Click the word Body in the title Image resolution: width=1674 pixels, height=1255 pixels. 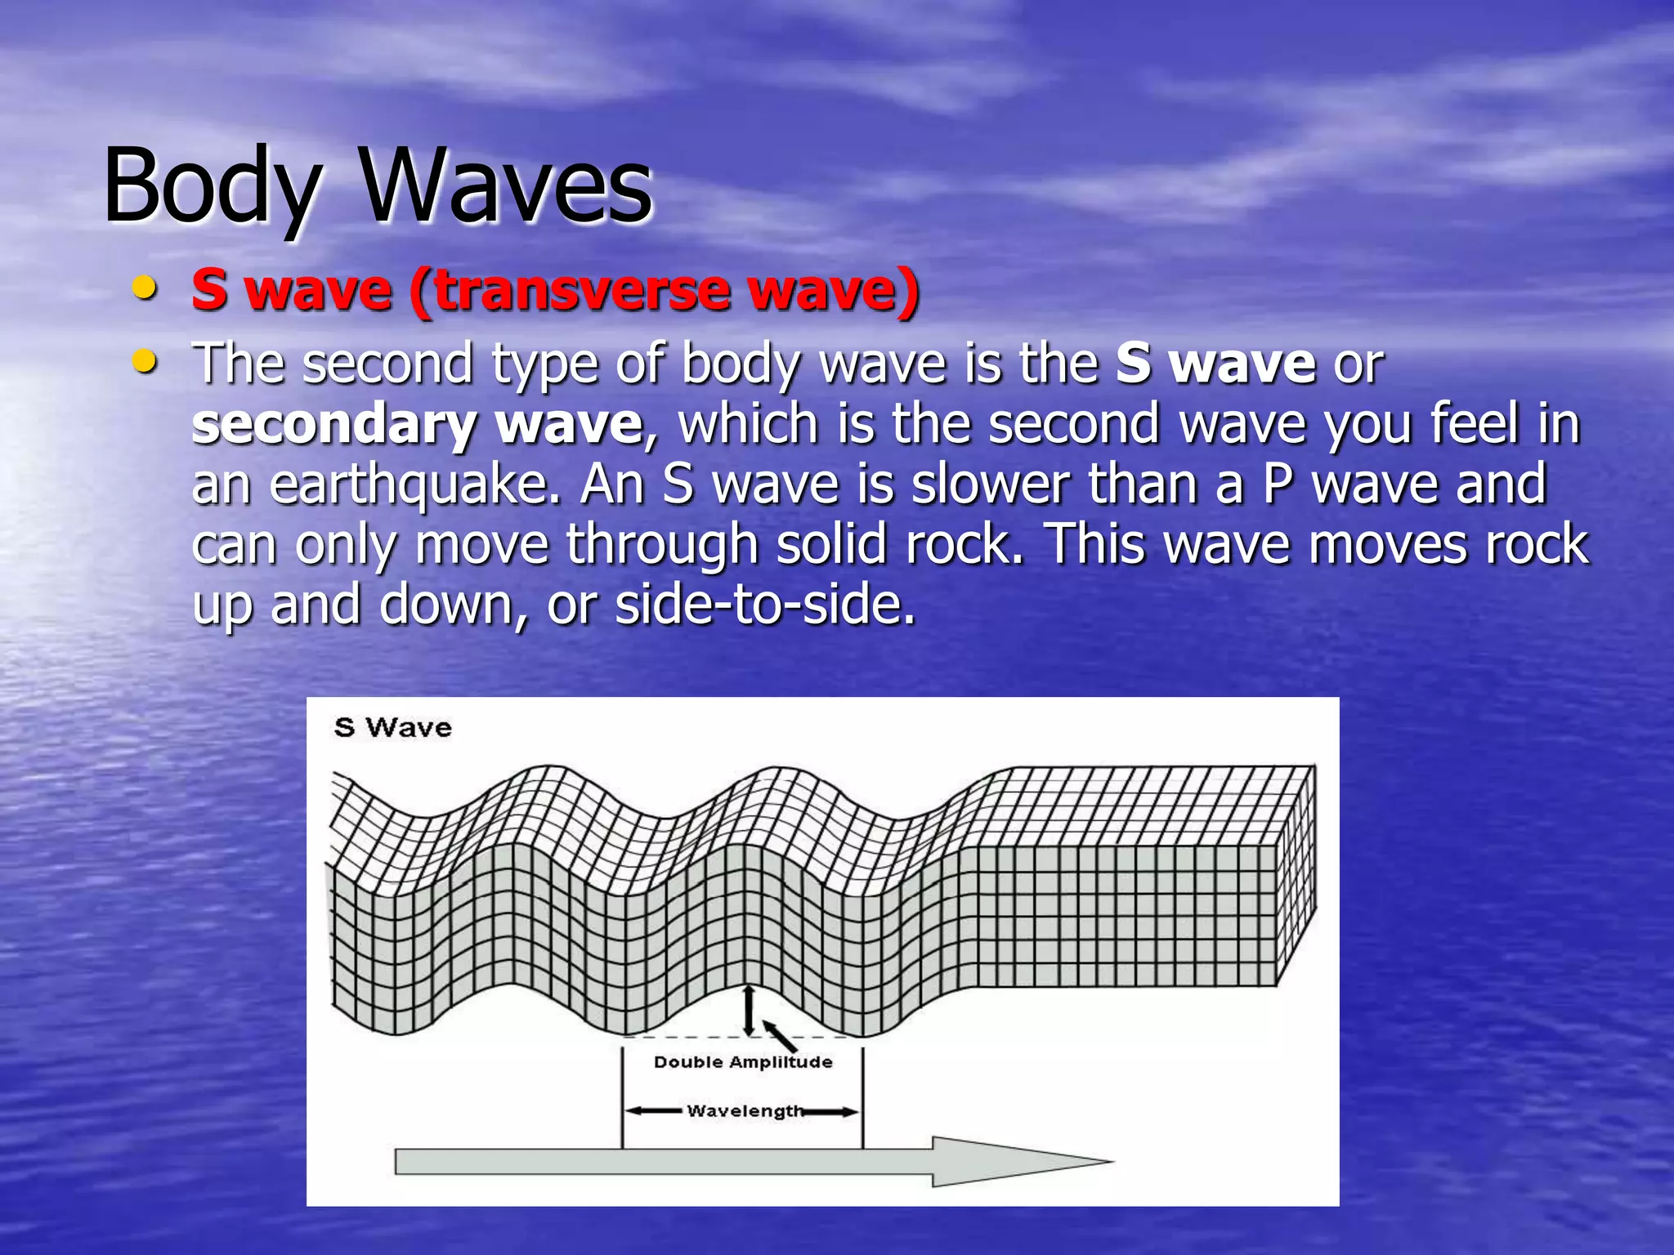[x=211, y=186]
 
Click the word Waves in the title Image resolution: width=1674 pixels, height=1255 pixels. [x=506, y=186]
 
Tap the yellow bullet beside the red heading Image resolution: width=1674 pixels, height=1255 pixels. [x=145, y=288]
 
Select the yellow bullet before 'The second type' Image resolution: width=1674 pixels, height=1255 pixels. [x=145, y=360]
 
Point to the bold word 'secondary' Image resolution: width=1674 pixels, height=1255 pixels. [x=334, y=425]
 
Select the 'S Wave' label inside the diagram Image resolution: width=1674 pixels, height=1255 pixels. [x=392, y=727]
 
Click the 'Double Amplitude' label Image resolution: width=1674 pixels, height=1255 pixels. [x=742, y=1062]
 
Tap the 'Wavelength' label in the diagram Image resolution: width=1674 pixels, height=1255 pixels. [x=745, y=1111]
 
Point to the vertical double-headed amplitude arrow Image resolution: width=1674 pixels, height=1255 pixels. [x=749, y=1011]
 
